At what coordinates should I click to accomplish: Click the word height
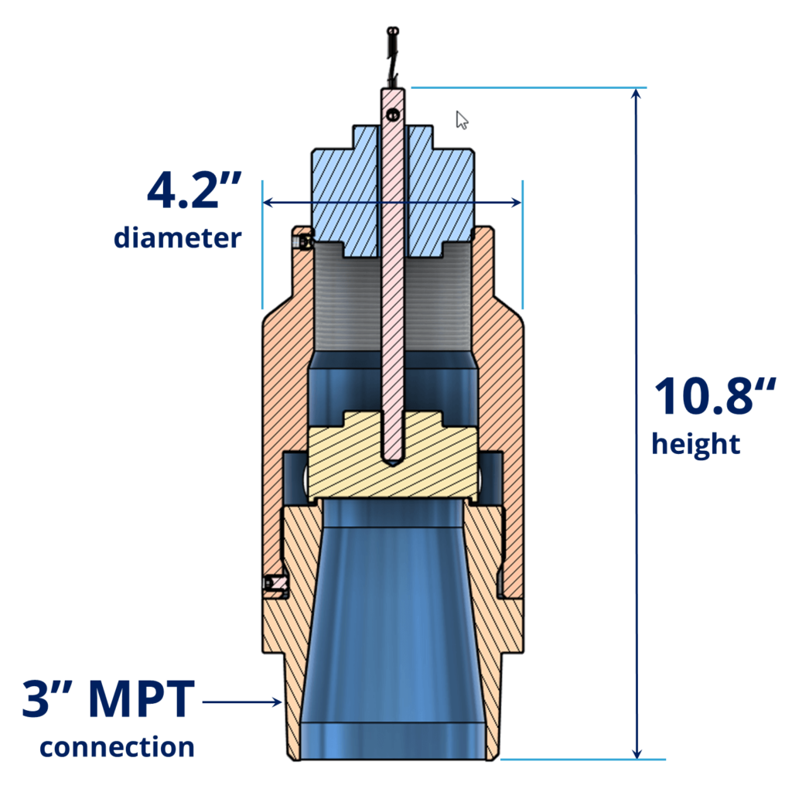point(696,445)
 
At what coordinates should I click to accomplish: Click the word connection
point(117,747)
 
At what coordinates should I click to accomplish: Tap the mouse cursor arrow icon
point(462,120)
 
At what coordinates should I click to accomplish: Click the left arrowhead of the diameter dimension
point(268,203)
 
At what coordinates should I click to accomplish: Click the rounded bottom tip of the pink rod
point(392,459)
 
